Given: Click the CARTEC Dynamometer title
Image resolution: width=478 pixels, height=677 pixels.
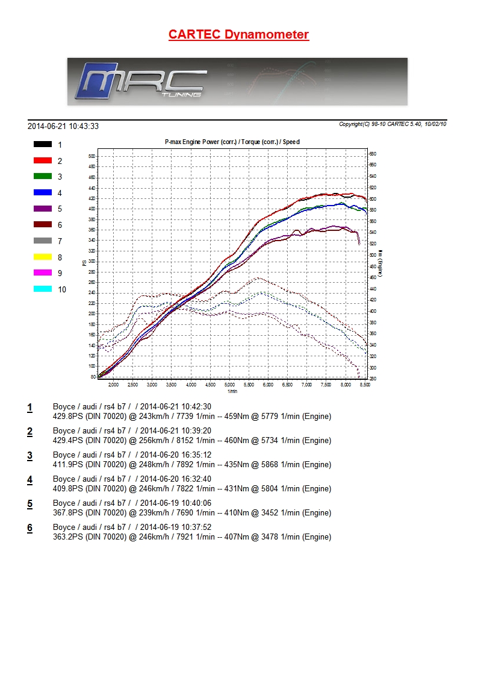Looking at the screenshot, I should pos(238,34).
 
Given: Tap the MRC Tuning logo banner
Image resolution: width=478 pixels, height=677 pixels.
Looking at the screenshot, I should pos(237,81).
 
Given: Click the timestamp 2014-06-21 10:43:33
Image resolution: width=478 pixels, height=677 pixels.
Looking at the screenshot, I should pos(63,126).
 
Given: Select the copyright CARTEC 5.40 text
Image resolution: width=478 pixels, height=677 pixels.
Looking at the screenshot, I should pos(393,124).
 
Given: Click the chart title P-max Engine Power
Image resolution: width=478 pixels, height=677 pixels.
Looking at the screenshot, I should pos(232,142).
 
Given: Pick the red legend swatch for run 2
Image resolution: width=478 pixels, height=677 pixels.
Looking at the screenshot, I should pos(42,160).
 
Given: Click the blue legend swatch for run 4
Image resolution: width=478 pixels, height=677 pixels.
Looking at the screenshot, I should pos(42,192).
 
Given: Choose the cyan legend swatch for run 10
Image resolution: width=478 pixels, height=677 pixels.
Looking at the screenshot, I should pos(42,289).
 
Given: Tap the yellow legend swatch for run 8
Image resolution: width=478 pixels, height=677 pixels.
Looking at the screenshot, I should pos(42,257).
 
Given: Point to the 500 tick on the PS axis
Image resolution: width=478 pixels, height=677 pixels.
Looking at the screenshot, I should pos(92,156).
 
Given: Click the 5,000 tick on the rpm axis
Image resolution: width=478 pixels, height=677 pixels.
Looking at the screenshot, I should pos(229,385).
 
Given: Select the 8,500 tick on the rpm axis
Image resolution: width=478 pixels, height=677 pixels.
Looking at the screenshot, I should pos(364,385).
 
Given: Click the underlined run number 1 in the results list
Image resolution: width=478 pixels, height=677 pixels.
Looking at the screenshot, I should pos(29,408).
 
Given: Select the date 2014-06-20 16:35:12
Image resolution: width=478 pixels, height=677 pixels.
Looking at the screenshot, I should pos(176,455).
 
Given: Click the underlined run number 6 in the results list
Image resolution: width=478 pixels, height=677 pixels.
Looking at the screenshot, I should pos(29,528).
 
